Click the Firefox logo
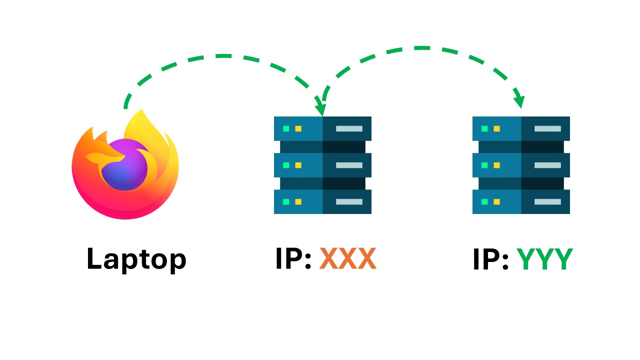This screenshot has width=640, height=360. coord(125,165)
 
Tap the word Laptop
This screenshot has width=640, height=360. coord(136,259)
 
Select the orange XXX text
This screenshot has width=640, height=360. coord(348,259)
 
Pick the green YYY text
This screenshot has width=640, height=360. coord(544,259)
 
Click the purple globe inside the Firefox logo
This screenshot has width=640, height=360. coord(125,165)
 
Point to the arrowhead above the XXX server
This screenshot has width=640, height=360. coord(319,108)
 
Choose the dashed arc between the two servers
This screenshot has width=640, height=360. coord(420,48)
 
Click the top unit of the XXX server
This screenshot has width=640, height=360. coord(322,128)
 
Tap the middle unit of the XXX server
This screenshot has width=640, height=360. coord(322,165)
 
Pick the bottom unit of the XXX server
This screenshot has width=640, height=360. coord(322,201)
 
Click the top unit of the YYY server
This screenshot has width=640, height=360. coord(521,128)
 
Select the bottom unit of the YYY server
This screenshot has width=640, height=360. coord(521,201)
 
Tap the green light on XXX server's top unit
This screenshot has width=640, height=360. coord(286,128)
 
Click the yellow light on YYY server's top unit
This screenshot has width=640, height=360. coord(496,128)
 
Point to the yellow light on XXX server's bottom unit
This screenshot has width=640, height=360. coord(298,201)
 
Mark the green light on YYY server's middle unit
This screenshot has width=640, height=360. coord(484,165)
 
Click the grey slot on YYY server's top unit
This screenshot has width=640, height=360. coord(547,128)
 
